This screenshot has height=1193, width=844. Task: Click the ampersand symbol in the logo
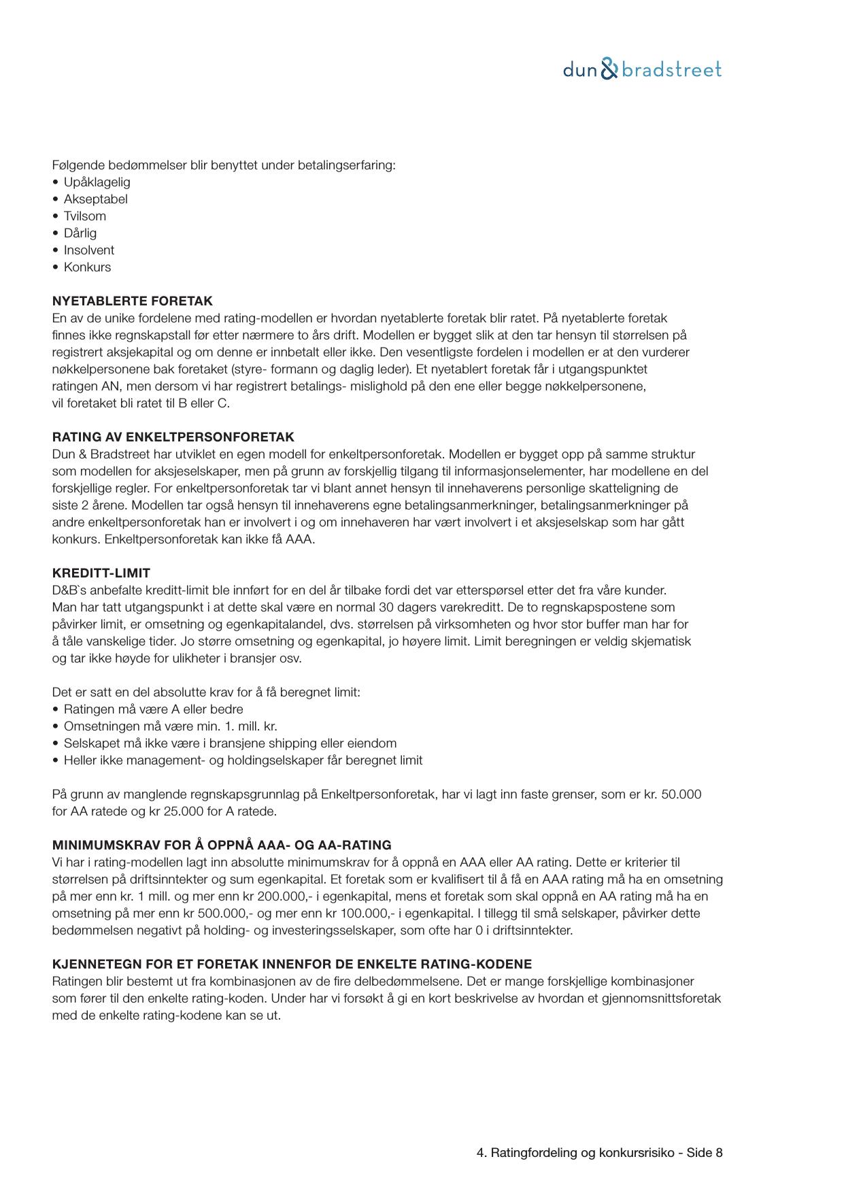pyautogui.click(x=610, y=69)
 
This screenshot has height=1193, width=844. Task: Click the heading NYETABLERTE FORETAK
pyautogui.click(x=132, y=301)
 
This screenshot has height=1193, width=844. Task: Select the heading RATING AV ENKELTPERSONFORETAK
pyautogui.click(x=173, y=437)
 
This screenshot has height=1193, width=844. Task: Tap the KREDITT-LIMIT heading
pyautogui.click(x=101, y=573)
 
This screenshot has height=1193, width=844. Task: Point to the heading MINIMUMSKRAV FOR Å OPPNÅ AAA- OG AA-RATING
pyautogui.click(x=221, y=845)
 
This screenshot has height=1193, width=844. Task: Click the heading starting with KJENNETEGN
pyautogui.click(x=292, y=964)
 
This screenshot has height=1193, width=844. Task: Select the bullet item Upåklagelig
pyautogui.click(x=97, y=182)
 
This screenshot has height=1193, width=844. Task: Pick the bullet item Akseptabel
pyautogui.click(x=95, y=199)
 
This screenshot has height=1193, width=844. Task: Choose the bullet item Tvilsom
pyautogui.click(x=84, y=216)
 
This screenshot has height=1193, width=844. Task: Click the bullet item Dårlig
pyautogui.click(x=80, y=233)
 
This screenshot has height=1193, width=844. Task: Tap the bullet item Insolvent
pyautogui.click(x=88, y=250)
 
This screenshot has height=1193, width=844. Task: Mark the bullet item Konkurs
pyautogui.click(x=87, y=267)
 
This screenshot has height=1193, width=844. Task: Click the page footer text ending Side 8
pyautogui.click(x=599, y=1152)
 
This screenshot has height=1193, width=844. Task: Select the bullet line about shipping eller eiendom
pyautogui.click(x=230, y=743)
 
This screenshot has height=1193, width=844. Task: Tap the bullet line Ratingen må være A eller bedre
pyautogui.click(x=153, y=709)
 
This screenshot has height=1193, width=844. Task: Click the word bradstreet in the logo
pyautogui.click(x=672, y=69)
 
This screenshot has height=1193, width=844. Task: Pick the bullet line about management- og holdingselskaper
pyautogui.click(x=243, y=760)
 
